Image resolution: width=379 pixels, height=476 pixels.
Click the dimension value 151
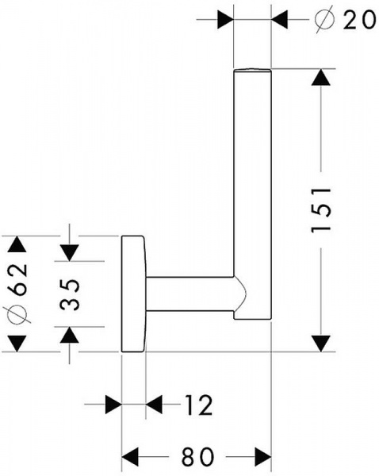[321, 209]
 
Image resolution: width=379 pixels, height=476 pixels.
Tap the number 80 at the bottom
[197, 456]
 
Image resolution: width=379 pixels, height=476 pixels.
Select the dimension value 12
[199, 405]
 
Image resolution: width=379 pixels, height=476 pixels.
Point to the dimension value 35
[70, 294]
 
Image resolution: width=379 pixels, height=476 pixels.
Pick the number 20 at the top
[360, 20]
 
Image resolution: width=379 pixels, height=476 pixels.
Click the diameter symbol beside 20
[324, 20]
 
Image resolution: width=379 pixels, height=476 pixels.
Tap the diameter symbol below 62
[17, 314]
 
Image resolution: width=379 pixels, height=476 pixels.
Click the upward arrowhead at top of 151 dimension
[321, 78]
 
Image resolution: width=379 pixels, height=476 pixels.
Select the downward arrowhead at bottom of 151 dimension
[321, 344]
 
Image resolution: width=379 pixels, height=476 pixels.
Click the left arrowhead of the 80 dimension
[130, 456]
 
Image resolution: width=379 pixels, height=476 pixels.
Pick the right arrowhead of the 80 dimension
[262, 456]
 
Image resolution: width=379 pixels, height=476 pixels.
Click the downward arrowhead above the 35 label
[70, 253]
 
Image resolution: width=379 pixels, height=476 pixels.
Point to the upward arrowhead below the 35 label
[70, 335]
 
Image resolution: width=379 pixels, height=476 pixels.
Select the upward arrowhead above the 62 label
[17, 244]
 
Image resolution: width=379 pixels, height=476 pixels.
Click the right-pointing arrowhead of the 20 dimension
[225, 20]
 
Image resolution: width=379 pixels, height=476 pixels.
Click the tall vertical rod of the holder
[252, 194]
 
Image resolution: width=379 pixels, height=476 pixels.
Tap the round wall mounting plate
[133, 294]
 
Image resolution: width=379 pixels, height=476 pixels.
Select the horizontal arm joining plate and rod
[190, 294]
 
